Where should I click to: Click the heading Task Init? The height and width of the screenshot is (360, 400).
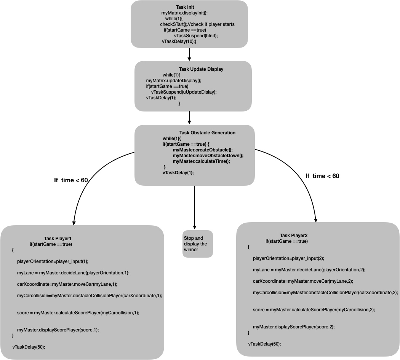[x=185, y=7]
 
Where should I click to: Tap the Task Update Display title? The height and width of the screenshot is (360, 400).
[x=201, y=69]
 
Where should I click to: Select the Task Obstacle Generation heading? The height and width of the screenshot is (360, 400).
[x=207, y=133]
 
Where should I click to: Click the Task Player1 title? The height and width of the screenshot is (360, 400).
[x=58, y=239]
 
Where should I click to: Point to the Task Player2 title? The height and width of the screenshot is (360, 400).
[x=294, y=236]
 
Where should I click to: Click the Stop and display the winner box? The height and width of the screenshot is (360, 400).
[x=197, y=244]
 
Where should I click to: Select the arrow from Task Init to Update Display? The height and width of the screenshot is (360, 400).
[x=189, y=54]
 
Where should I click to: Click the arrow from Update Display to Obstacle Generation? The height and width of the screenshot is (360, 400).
[x=189, y=118]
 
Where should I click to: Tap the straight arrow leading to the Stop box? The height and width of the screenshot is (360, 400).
[x=195, y=207]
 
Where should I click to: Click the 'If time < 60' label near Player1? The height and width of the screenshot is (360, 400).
[x=71, y=180]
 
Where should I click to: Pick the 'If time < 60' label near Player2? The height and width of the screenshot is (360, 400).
[x=322, y=176]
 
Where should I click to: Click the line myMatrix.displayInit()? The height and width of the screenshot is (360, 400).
[x=184, y=13]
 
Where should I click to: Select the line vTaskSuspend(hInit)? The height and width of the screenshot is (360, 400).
[x=196, y=36]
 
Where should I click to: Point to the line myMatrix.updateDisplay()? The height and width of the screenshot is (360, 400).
[x=174, y=81]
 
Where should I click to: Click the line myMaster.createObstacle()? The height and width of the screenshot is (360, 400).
[x=203, y=150]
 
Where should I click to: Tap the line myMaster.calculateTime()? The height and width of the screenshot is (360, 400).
[x=201, y=161]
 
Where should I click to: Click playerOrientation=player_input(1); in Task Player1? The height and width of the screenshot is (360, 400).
[x=53, y=261]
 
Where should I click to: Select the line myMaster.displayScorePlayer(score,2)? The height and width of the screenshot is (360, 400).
[x=294, y=327]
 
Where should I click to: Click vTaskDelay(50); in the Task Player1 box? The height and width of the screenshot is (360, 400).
[x=29, y=347]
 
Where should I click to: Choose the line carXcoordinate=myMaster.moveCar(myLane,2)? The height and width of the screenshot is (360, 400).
[x=303, y=281]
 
